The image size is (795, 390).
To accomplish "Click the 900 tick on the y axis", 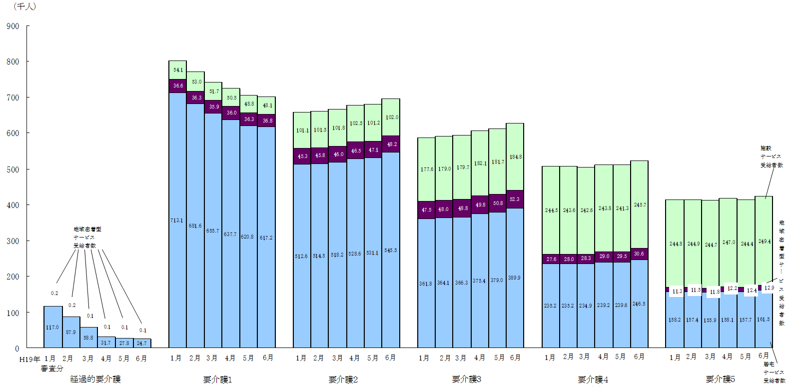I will click(13, 26).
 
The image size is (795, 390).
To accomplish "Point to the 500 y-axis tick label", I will click(13, 169).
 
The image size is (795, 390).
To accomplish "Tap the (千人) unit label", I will click(24, 6).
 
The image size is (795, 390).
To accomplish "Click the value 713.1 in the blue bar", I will click(177, 220).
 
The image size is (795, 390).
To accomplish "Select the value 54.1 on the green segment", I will click(178, 70).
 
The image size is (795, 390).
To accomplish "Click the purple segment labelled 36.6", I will click(178, 86).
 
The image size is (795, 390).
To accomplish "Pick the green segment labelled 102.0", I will click(391, 117).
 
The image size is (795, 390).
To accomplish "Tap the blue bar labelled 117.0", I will click(52, 327).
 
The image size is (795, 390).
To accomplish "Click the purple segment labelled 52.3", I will click(515, 199).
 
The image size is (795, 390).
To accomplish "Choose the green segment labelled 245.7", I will click(640, 205).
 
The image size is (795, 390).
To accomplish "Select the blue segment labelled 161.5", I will click(764, 319).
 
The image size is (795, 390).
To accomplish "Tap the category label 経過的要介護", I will click(95, 379).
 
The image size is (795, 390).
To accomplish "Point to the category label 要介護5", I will click(720, 379).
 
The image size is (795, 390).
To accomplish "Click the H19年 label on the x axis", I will click(29, 359).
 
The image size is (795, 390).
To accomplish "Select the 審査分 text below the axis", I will click(52, 368).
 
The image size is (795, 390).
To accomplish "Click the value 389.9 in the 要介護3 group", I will click(514, 277).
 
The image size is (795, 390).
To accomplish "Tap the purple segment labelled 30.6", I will click(639, 254).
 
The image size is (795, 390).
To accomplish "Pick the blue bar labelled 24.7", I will click(142, 343).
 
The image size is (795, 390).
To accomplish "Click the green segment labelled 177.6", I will click(427, 169).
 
